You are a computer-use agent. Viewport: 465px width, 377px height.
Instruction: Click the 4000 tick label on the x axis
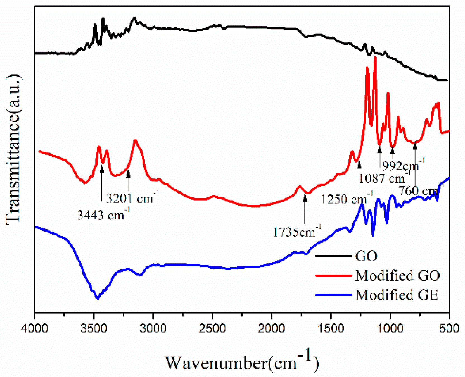[34, 328]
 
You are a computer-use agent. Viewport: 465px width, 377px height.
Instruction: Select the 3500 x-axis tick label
[94, 328]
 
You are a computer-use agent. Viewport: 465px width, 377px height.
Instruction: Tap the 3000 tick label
[153, 328]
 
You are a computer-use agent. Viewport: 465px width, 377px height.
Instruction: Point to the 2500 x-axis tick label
[212, 328]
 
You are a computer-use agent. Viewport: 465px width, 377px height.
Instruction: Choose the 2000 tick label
[272, 328]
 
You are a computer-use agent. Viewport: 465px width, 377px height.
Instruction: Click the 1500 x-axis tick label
[331, 328]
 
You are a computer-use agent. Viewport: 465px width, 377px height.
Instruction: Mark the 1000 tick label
[390, 328]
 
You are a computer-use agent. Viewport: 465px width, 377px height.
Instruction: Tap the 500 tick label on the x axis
[449, 328]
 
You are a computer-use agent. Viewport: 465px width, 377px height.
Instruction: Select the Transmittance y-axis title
[13, 149]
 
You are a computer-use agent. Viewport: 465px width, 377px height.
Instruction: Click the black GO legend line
[333, 256]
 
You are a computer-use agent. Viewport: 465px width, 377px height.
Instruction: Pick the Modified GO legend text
[397, 276]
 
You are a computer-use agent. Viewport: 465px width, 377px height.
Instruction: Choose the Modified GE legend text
[397, 295]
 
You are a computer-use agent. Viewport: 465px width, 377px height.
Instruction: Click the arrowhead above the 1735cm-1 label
[305, 198]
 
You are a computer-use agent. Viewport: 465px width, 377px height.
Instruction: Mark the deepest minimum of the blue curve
[98, 299]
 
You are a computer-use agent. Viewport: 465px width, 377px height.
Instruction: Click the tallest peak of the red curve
[375, 57]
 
